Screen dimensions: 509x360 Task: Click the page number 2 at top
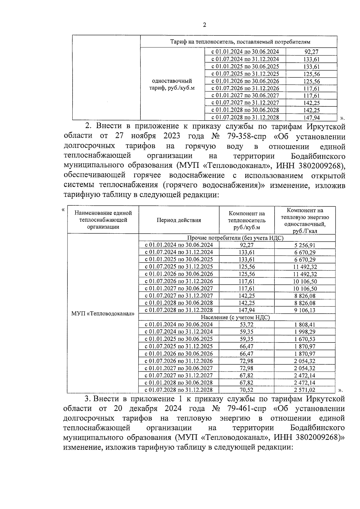(204, 25)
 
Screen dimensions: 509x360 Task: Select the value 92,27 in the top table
(311, 52)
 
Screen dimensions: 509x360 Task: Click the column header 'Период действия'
(179, 220)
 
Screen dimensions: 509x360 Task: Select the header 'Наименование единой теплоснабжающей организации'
(103, 220)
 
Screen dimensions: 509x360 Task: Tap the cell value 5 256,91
(305, 245)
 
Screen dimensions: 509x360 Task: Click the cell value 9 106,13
(305, 310)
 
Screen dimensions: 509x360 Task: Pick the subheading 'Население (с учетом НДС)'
(235, 317)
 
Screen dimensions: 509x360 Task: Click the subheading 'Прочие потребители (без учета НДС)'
(235, 238)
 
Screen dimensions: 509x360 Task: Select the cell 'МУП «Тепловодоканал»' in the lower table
(103, 314)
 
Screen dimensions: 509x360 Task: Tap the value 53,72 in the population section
(247, 325)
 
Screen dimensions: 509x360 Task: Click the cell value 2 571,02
(305, 390)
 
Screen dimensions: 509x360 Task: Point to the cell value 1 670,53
(305, 339)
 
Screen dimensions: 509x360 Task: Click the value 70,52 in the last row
(247, 390)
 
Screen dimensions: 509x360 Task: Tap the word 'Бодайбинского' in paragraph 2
(318, 156)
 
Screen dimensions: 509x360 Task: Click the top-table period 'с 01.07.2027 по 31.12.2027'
(245, 103)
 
